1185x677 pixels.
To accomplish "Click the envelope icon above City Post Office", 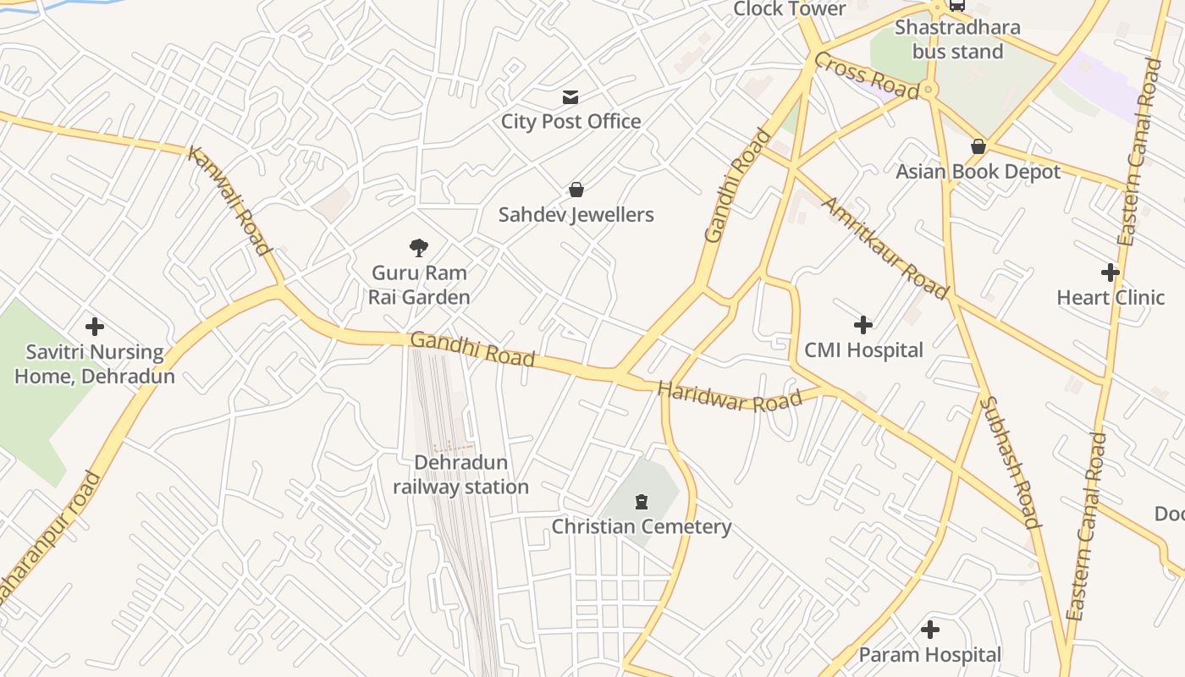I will click(570, 97).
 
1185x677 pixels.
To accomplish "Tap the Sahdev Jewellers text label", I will click(576, 215).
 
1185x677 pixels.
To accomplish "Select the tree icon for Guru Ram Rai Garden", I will click(418, 248).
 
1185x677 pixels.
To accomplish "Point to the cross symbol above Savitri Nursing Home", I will click(95, 327).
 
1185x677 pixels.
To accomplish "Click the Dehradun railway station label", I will click(460, 475).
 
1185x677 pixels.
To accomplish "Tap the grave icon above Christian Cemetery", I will click(641, 502).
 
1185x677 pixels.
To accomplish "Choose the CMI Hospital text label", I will click(863, 350).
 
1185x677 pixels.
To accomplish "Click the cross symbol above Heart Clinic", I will click(1111, 272).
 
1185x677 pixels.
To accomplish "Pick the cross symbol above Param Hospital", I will click(930, 630).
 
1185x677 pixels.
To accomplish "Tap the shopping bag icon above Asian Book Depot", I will click(978, 146).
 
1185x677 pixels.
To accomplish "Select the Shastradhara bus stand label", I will click(957, 39).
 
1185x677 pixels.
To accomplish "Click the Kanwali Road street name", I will click(229, 200).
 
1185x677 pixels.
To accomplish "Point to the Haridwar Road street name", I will click(730, 397).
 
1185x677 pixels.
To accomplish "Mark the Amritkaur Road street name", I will click(885, 249).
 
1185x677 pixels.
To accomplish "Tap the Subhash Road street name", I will click(1010, 462).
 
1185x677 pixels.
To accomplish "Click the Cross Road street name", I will click(866, 74).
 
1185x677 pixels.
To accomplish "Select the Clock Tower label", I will click(789, 9).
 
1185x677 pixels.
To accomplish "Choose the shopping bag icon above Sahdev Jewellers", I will click(576, 190).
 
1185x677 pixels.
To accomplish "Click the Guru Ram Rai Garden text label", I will click(419, 285).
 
